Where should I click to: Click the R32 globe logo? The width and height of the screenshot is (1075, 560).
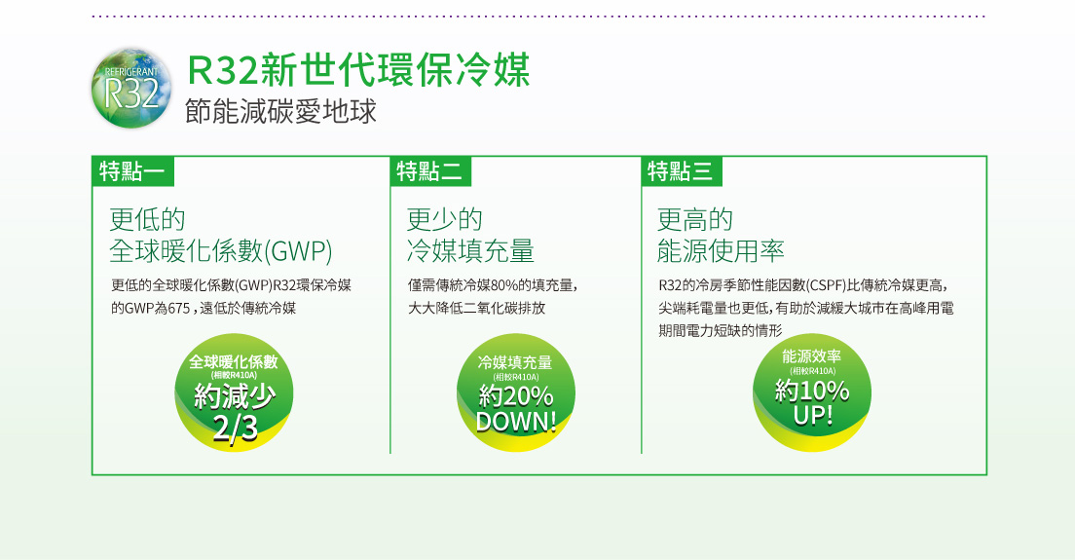pos(130,88)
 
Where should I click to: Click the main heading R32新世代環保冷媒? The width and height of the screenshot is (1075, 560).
pos(358,70)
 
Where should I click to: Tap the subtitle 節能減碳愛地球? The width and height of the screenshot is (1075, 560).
pos(281,111)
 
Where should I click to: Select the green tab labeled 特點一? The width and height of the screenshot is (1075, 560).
pos(133,171)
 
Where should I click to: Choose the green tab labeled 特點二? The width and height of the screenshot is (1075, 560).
pos(430,171)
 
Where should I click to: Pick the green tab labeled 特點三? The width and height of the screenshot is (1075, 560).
pos(682,171)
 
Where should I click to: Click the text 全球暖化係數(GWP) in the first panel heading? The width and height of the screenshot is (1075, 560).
pos(221,251)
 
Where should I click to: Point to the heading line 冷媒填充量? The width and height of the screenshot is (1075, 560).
pos(470,251)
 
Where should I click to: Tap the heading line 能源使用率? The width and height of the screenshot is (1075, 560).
pos(721,251)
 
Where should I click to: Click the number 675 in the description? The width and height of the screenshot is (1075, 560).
pos(178,309)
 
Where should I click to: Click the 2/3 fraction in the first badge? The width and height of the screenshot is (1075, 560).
pos(236,428)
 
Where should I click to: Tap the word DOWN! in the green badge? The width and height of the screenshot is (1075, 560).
pos(516,422)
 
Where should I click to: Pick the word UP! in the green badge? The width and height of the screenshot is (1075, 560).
pos(813,415)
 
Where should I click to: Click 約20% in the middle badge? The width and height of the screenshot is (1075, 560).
pos(516,395)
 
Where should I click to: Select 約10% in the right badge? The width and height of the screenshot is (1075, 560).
pos(812,391)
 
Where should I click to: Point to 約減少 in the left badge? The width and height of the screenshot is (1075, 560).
pos(235,396)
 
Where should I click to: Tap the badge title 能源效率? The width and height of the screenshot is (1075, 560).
pos(812,355)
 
